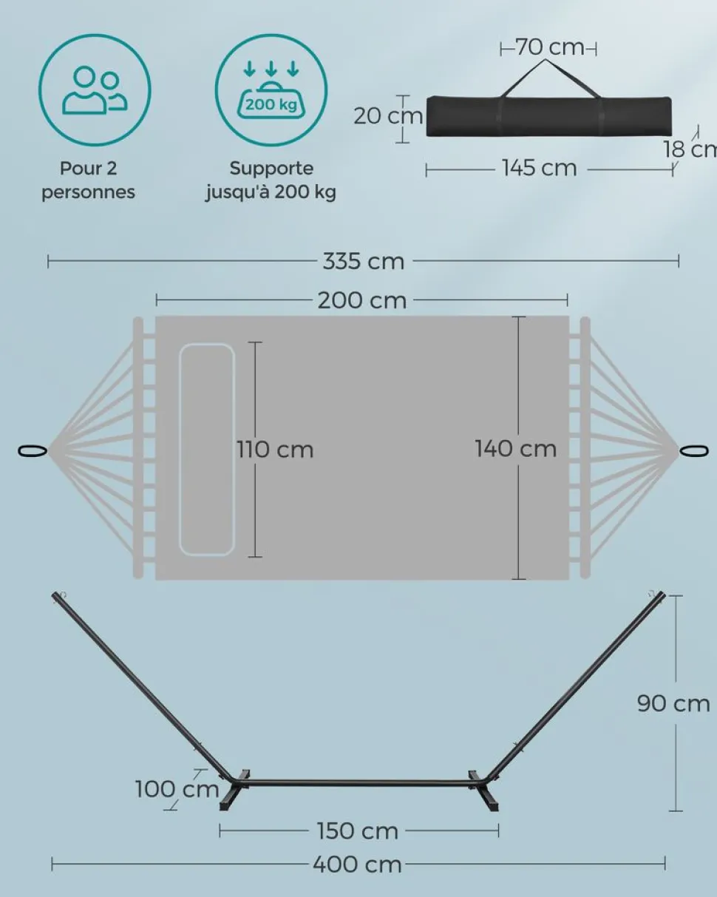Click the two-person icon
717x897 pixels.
pos(95,89)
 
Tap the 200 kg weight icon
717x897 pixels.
pos(271,89)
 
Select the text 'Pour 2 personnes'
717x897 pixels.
pos(89,180)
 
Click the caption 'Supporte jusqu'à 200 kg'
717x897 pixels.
pos(271,180)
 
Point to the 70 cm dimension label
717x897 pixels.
pos(549,47)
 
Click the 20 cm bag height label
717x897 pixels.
pos(387,116)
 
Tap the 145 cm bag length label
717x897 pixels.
pos(539,168)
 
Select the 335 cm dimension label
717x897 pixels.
pos(363,261)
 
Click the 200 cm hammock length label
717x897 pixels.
pos(362,300)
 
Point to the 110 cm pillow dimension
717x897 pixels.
pos(276,450)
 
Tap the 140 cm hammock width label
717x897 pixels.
pos(515,448)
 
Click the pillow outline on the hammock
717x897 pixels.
pos(207,450)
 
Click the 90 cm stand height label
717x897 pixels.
pos(673,703)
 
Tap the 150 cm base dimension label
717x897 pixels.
pos(358,831)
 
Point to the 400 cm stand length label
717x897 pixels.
pos(357,864)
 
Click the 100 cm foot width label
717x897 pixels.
pos(177,789)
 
